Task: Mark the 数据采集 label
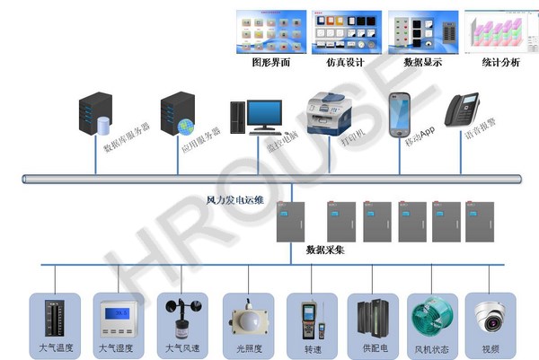pos(324,250)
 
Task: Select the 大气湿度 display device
pos(117,318)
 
